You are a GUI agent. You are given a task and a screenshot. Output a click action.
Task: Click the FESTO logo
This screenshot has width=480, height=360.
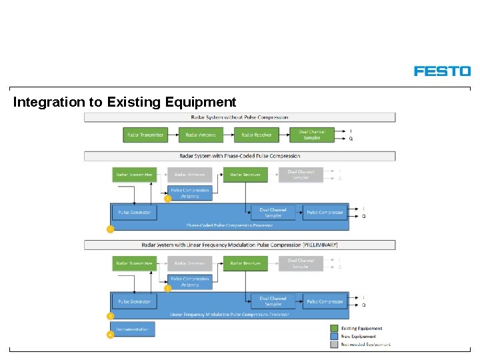(442, 71)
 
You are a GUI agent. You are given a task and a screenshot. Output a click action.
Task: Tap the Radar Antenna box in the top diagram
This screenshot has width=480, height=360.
(201, 135)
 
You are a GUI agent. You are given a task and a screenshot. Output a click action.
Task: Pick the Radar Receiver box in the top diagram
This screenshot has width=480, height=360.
(256, 135)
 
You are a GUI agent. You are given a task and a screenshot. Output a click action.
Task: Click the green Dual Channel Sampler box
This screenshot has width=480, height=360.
(312, 135)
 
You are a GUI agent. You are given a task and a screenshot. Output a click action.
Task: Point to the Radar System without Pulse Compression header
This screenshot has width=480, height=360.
(239, 117)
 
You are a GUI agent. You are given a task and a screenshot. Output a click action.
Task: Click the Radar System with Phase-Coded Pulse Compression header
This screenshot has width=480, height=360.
(239, 156)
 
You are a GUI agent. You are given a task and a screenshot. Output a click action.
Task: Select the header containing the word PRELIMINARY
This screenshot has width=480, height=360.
(239, 245)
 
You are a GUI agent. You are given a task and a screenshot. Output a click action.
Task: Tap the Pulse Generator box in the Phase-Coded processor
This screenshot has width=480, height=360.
(134, 213)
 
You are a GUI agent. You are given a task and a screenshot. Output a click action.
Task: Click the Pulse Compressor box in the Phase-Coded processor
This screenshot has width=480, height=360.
(325, 213)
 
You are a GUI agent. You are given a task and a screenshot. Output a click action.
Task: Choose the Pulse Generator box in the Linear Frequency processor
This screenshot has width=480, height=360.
(134, 301)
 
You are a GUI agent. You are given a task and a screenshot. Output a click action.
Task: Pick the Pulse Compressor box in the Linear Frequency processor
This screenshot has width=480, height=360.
(325, 301)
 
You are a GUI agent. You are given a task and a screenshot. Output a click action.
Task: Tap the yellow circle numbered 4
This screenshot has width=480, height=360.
(111, 335)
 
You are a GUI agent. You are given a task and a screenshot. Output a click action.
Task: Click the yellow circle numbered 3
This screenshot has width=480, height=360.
(111, 315)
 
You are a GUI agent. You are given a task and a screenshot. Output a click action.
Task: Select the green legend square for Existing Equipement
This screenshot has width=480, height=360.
(335, 328)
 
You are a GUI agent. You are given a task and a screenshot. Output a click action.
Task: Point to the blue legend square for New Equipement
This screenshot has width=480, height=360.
(335, 336)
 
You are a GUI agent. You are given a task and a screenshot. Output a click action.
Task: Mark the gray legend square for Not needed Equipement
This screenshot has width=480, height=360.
(335, 345)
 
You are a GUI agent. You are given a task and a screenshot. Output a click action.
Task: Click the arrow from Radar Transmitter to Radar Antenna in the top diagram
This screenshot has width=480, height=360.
(173, 135)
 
